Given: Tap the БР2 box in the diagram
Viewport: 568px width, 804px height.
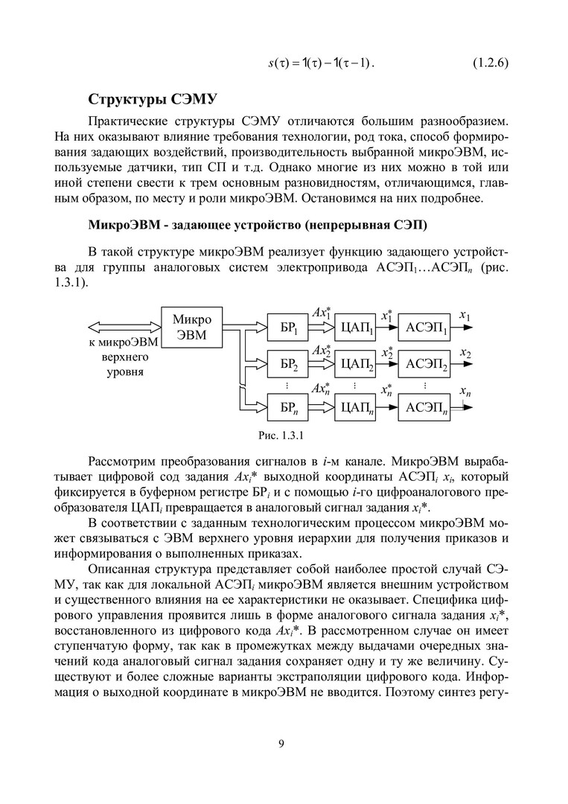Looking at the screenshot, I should click(x=289, y=366).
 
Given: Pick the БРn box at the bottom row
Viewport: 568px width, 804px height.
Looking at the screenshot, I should click(x=289, y=406).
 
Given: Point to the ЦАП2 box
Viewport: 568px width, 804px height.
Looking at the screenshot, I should click(x=355, y=366).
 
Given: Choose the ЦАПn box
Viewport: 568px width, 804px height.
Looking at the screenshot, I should click(x=355, y=406).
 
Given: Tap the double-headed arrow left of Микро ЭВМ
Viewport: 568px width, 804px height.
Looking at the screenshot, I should click(x=124, y=326).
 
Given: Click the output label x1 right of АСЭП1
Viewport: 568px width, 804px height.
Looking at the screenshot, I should click(x=465, y=316).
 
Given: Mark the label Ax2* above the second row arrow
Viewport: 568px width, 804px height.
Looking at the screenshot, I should click(x=321, y=351).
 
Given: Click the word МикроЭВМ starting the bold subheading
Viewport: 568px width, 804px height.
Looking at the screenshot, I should click(x=119, y=224).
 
